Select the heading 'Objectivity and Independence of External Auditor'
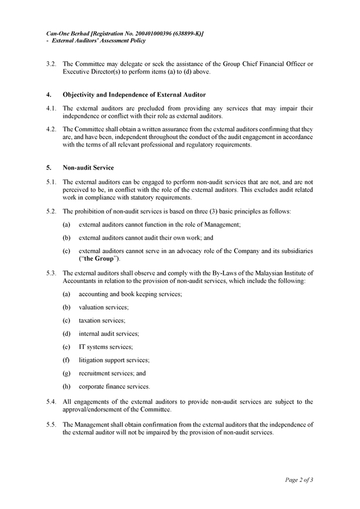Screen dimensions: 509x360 (x=134, y=95)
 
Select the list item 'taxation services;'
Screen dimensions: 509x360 (x=102, y=320)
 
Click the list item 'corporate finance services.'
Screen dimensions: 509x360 (x=114, y=387)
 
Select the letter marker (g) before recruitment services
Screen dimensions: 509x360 (x=66, y=373)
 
